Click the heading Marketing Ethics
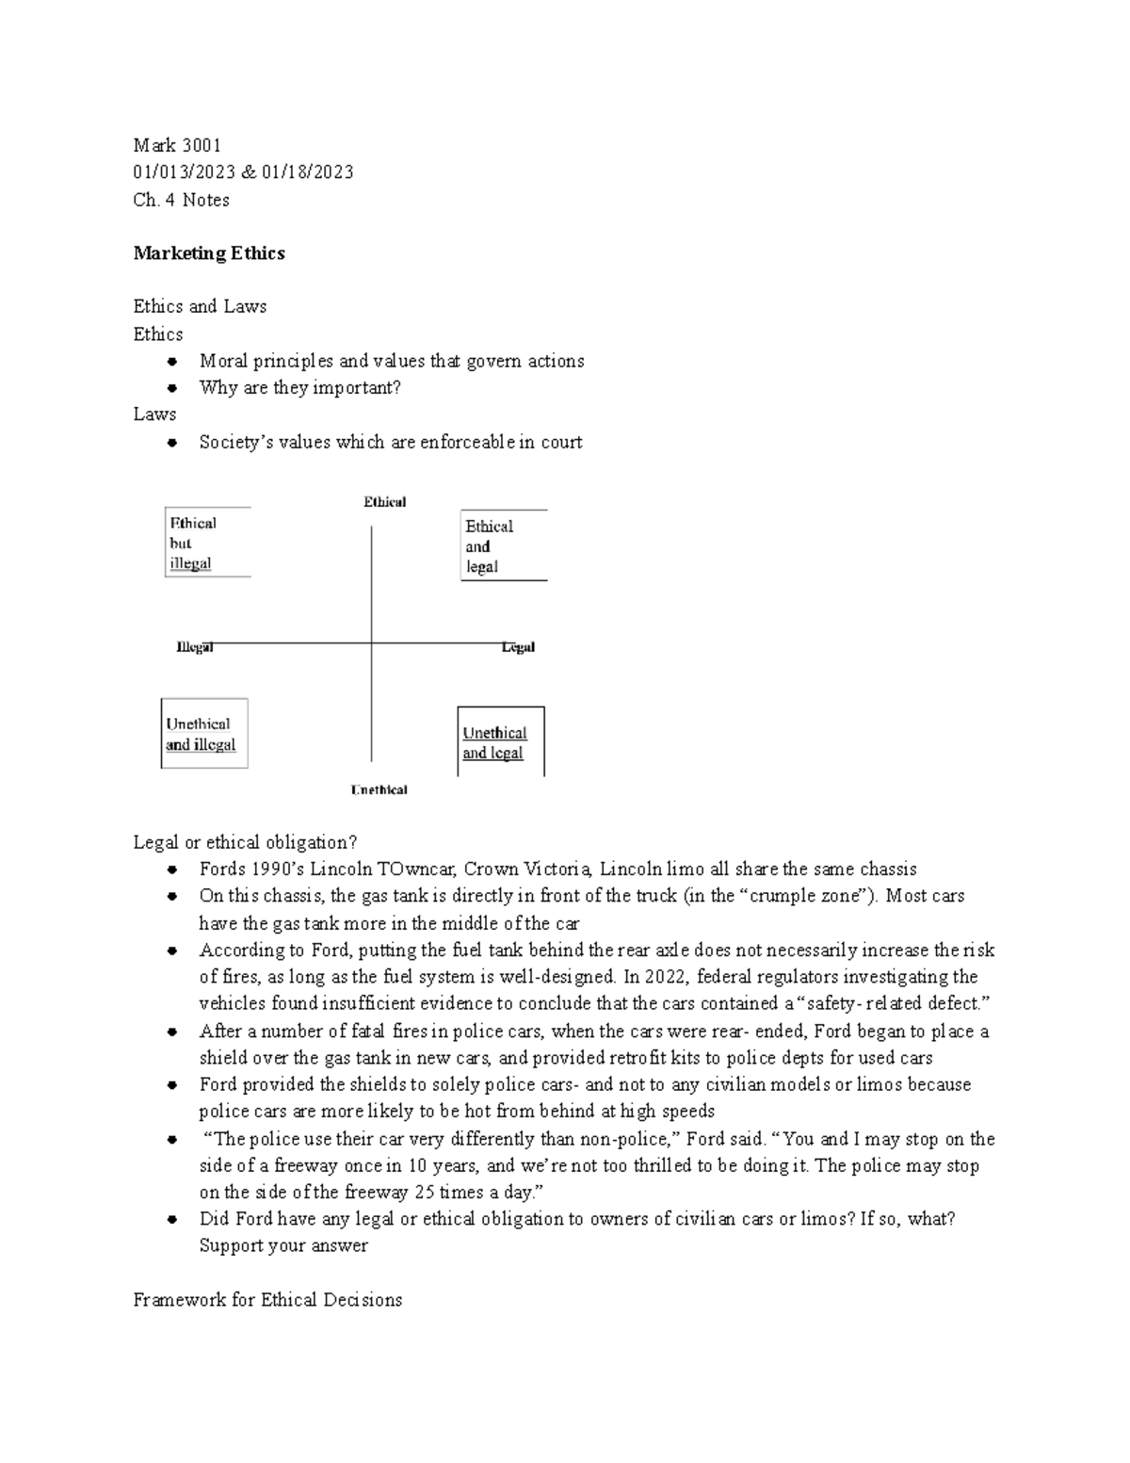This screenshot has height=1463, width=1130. coord(209,253)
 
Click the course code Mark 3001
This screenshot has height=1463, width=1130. coord(177,145)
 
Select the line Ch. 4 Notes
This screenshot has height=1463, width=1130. coord(181,200)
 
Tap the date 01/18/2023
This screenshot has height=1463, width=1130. coord(308,171)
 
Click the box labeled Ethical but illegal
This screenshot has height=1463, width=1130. coord(207,543)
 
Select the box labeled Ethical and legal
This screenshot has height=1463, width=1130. coord(503,546)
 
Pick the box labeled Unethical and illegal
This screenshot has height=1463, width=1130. coord(204,734)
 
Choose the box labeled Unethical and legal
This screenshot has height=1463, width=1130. coord(500,742)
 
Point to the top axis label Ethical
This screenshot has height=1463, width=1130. coord(384,502)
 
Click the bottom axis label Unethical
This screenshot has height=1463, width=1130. coord(379,789)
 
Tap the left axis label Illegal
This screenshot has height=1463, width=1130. coord(195,647)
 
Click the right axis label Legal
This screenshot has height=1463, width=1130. coord(518,647)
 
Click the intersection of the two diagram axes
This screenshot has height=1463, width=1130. coord(372,644)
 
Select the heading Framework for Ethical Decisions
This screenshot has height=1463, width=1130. coord(267,1300)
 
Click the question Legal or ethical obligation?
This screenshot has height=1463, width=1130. coord(246,842)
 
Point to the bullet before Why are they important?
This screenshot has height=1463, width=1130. coord(171,388)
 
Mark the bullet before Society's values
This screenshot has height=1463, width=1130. coord(171,443)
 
